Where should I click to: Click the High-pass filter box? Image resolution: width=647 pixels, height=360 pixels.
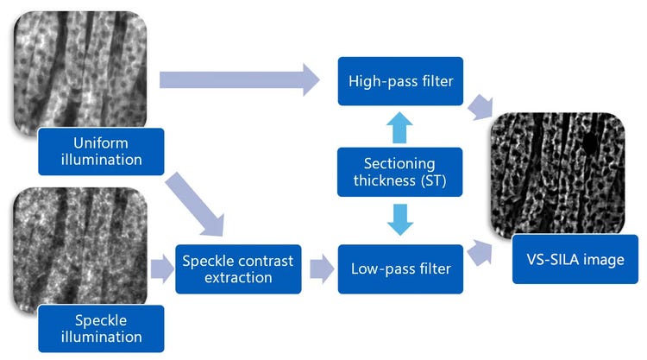(400, 81)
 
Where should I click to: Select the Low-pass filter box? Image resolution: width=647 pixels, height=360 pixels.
(400, 268)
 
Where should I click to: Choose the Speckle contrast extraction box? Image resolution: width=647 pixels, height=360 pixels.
(235, 268)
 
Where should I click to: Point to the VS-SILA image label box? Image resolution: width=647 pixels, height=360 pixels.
(575, 259)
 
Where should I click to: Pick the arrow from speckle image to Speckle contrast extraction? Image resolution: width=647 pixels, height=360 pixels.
(160, 268)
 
